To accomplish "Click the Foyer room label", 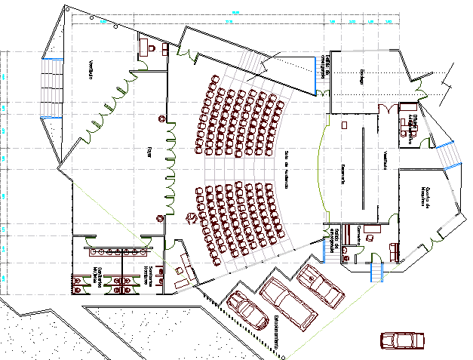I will click(150, 151).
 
